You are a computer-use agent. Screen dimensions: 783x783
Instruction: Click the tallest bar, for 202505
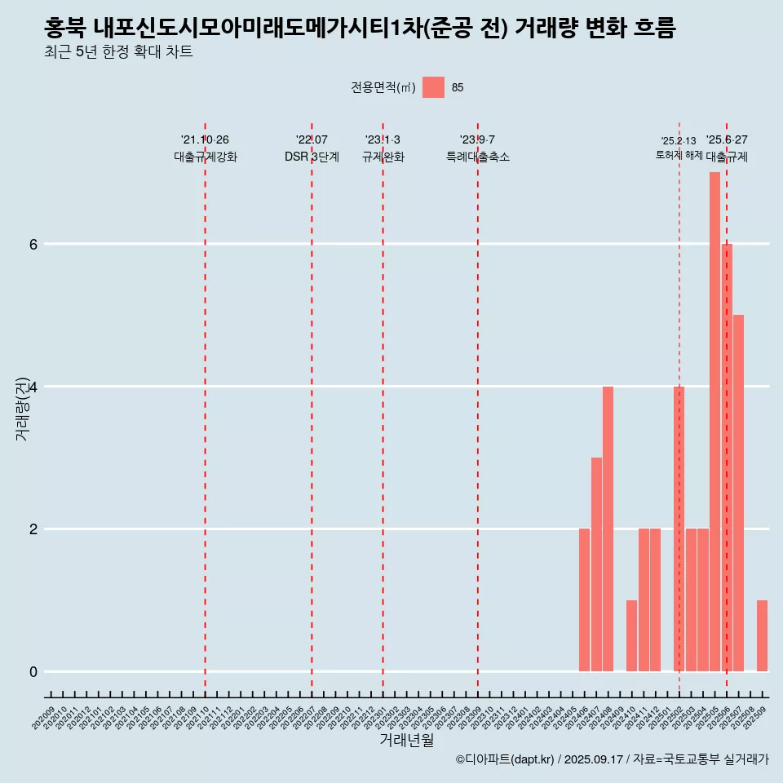click(714, 422)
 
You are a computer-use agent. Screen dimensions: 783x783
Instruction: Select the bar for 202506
click(727, 457)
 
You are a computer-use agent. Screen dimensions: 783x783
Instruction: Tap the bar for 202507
click(738, 493)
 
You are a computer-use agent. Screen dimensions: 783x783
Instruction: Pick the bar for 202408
click(608, 529)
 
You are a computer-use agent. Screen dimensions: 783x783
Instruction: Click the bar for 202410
click(631, 635)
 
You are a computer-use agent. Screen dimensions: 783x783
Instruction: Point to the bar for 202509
click(762, 635)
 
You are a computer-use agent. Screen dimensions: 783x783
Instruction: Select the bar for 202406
click(584, 599)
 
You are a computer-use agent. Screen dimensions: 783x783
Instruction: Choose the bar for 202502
click(679, 529)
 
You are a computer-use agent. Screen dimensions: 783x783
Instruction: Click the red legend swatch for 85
click(433, 87)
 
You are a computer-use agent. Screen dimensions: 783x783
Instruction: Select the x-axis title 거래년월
click(406, 741)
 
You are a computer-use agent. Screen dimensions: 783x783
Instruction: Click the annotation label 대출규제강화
click(206, 157)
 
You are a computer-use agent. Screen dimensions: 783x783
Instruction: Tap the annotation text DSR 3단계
click(312, 157)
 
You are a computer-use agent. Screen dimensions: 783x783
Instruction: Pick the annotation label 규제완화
click(383, 157)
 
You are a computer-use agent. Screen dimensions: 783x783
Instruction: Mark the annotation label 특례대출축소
click(477, 157)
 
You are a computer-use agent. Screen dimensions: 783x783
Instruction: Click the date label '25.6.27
click(727, 139)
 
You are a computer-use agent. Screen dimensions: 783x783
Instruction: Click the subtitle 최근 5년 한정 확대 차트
click(119, 52)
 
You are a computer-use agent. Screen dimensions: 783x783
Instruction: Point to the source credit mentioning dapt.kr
click(612, 759)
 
